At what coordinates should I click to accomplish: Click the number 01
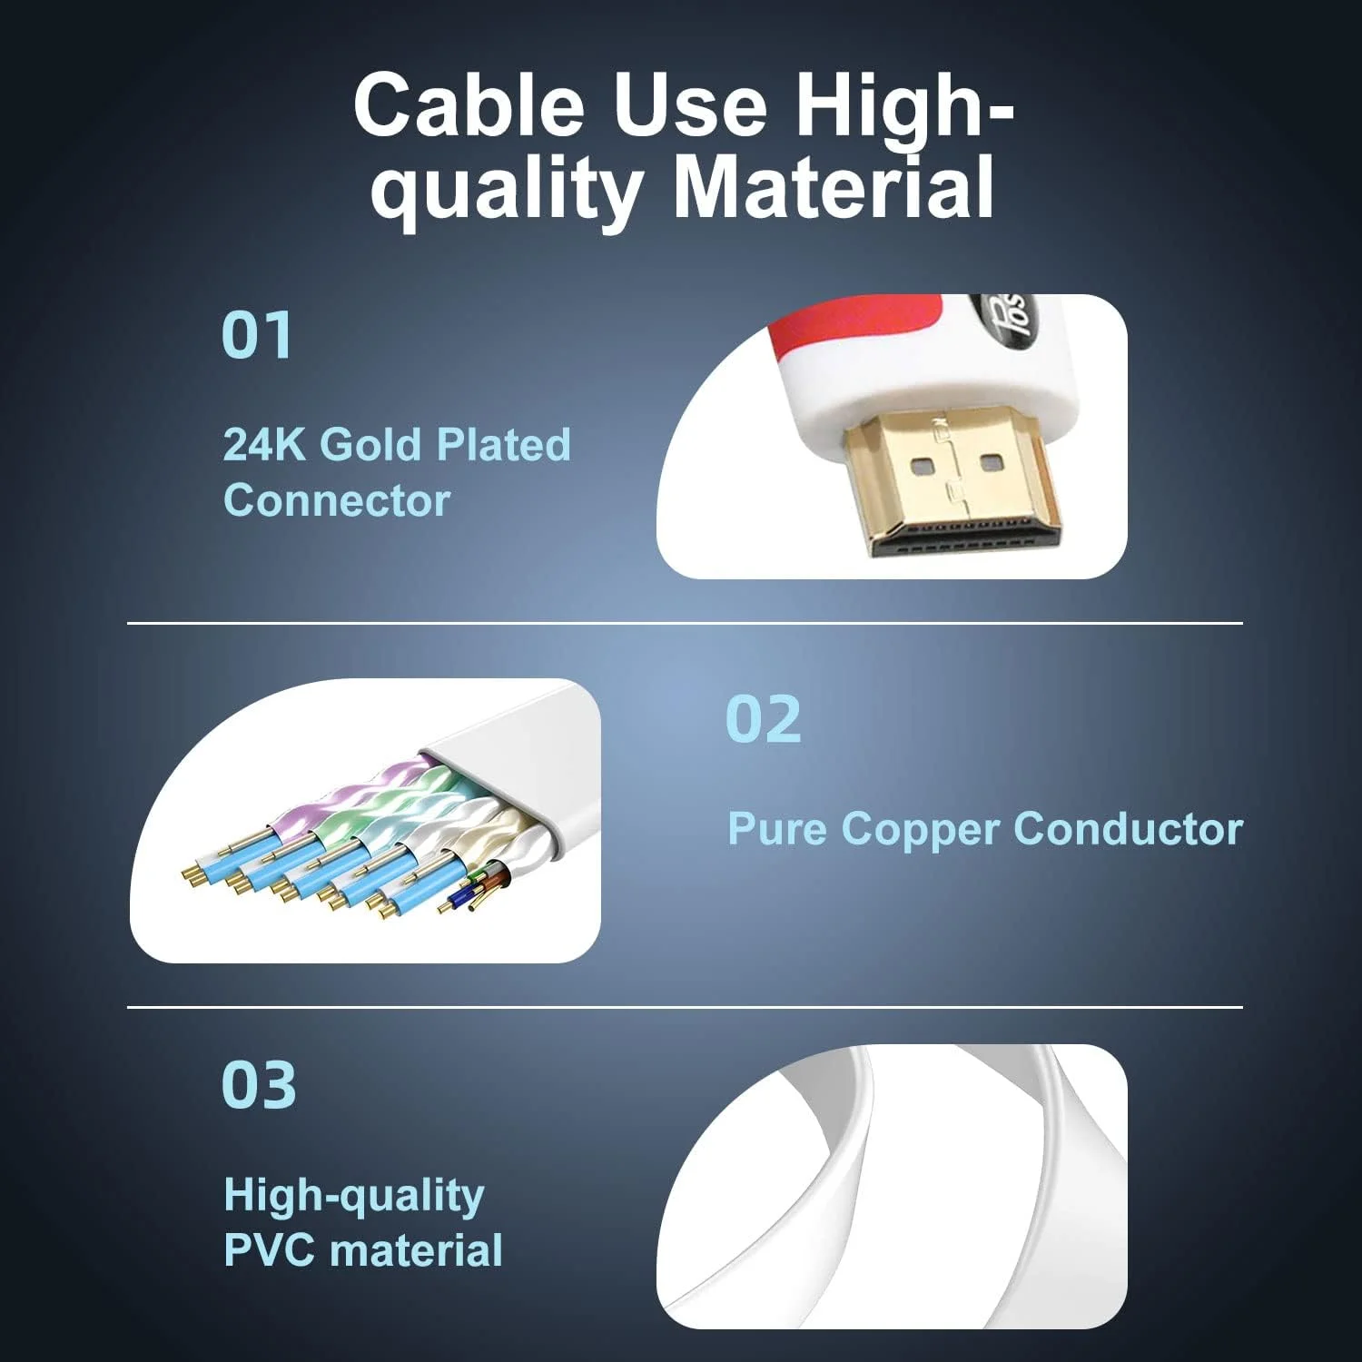(x=257, y=335)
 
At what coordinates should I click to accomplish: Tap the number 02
(x=764, y=719)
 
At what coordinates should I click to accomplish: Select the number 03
(x=259, y=1085)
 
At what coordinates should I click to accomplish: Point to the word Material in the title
(x=834, y=187)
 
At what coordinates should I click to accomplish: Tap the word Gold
(x=373, y=445)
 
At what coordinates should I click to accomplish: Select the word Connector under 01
(x=337, y=500)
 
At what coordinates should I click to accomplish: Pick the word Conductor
(x=1128, y=829)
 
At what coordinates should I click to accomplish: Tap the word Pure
(x=777, y=829)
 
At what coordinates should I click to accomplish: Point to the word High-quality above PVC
(x=354, y=1196)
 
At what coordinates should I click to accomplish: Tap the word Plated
(x=503, y=445)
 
